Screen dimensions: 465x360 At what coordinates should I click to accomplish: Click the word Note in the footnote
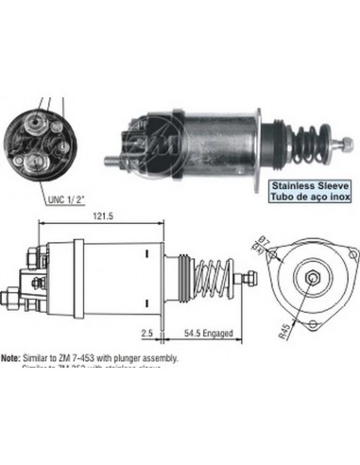click(11, 358)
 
